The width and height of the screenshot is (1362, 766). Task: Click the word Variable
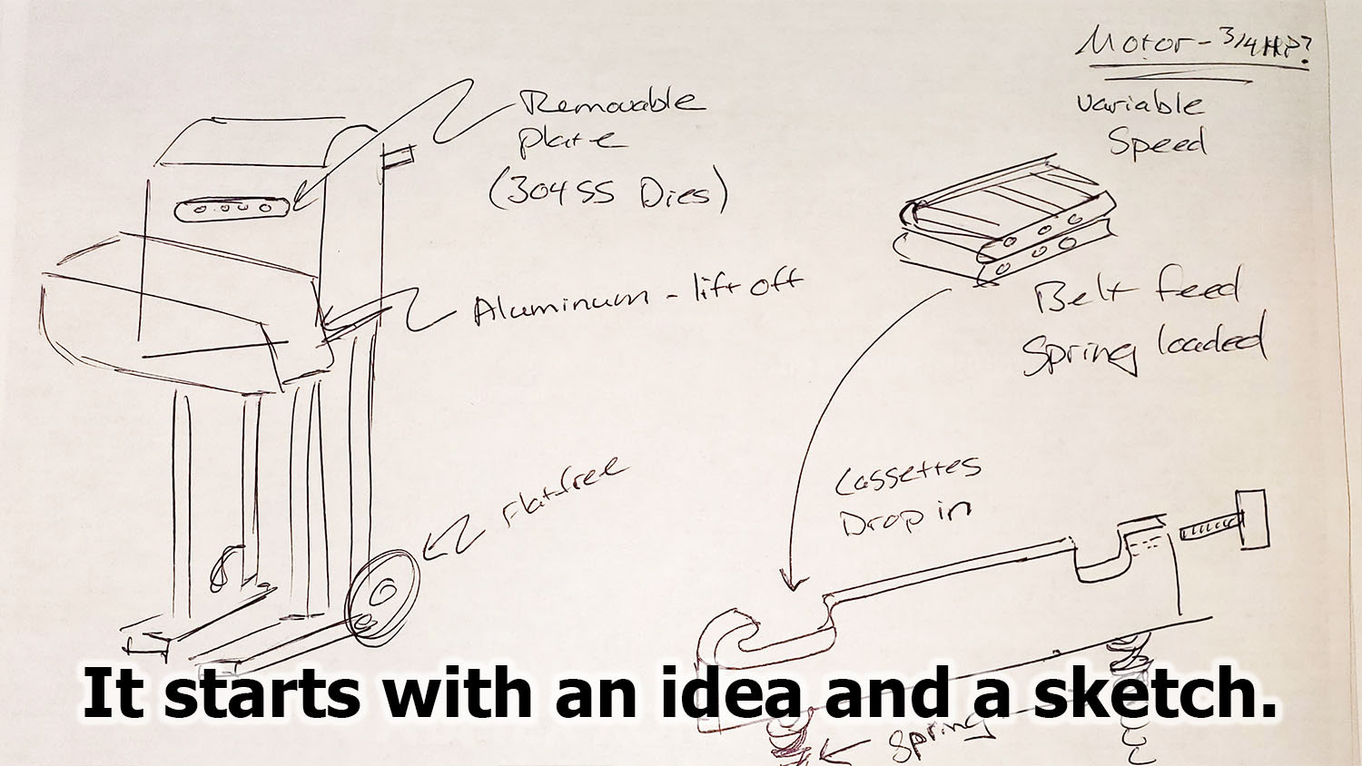point(1140,103)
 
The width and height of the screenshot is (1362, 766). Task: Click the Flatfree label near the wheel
point(564,495)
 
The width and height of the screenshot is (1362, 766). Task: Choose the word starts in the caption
point(234,694)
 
